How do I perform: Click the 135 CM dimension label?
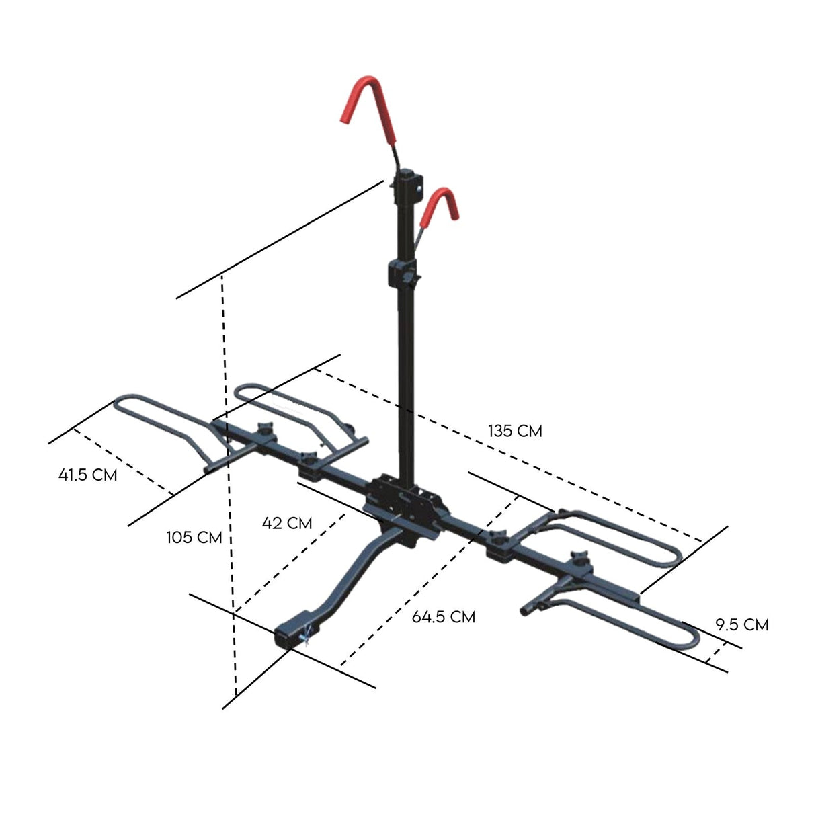click(x=515, y=431)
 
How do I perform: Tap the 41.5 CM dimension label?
click(x=88, y=475)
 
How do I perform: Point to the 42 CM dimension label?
click(x=288, y=522)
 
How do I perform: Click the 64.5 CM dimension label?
click(x=444, y=616)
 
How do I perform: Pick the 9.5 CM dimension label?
click(x=741, y=624)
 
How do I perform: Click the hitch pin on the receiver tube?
click(x=308, y=634)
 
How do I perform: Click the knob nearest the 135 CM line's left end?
click(x=263, y=428)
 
